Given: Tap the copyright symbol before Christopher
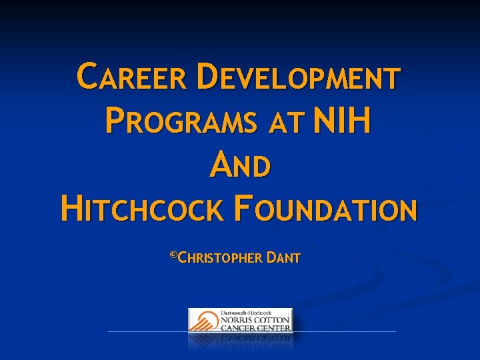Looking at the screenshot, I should click(x=174, y=255).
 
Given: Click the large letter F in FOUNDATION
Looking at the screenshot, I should click(x=238, y=208).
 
